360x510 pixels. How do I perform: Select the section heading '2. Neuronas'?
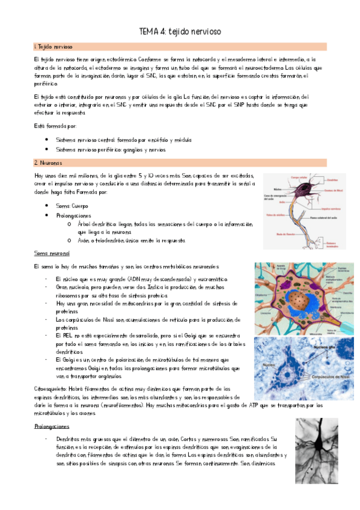coord(47,162)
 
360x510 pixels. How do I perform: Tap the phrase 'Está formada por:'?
coord(55,126)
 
